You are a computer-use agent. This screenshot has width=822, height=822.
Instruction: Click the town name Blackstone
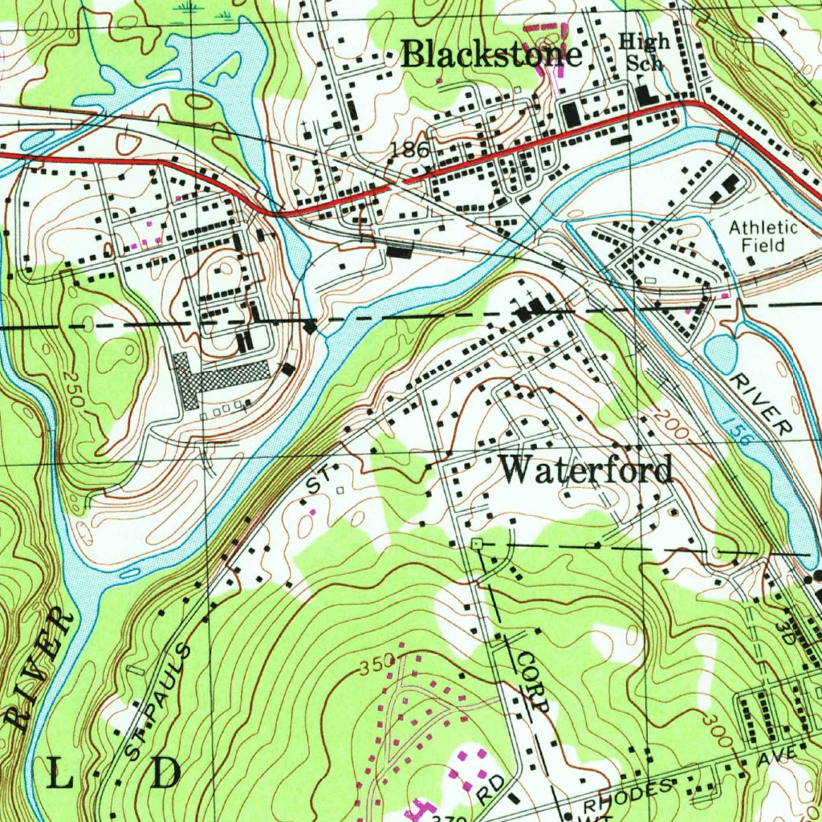[490, 55]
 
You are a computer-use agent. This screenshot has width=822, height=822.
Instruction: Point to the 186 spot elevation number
[410, 150]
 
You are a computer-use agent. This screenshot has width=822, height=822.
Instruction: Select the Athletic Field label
[763, 235]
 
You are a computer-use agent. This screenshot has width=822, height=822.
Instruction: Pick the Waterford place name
[587, 470]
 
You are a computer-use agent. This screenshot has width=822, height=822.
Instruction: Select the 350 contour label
[377, 664]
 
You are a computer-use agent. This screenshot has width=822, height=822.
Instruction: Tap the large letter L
[63, 774]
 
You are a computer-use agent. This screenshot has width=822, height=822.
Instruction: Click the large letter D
[166, 774]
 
